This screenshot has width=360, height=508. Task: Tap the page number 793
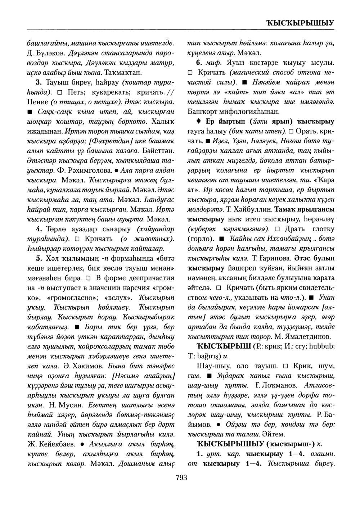pyautogui.click(x=181, y=478)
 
